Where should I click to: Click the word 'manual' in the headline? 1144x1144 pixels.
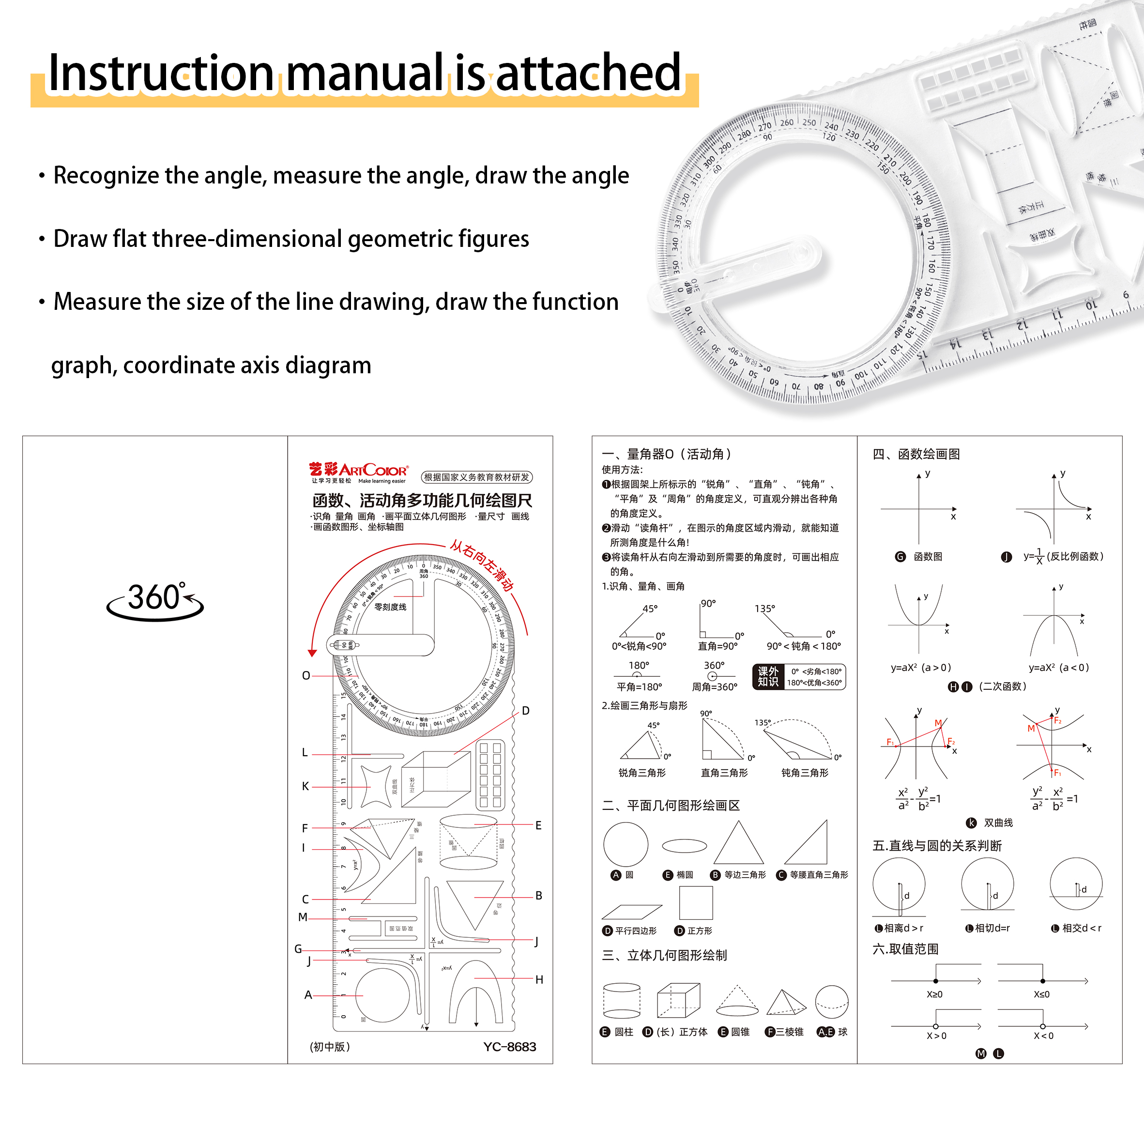click(x=365, y=74)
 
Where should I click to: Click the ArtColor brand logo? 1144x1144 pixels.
click(x=358, y=471)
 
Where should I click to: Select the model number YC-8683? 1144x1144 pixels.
click(x=509, y=1047)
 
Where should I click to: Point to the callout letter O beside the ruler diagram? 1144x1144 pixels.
click(x=305, y=676)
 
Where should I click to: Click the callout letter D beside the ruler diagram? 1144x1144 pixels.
click(x=525, y=711)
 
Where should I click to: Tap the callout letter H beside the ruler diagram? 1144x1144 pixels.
click(x=539, y=980)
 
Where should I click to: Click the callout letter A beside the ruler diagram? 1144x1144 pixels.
click(x=308, y=995)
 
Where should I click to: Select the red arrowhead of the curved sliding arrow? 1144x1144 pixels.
click(x=313, y=653)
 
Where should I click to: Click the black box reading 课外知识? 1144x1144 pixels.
click(x=767, y=677)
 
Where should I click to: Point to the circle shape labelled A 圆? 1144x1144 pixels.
click(x=625, y=844)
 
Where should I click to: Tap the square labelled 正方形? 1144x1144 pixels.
click(x=696, y=903)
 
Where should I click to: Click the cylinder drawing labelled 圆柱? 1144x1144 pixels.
click(x=621, y=1001)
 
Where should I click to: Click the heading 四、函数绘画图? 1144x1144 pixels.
click(x=916, y=454)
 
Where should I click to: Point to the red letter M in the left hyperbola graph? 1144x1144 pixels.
click(x=938, y=723)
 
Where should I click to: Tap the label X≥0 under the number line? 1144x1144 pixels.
click(x=934, y=994)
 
